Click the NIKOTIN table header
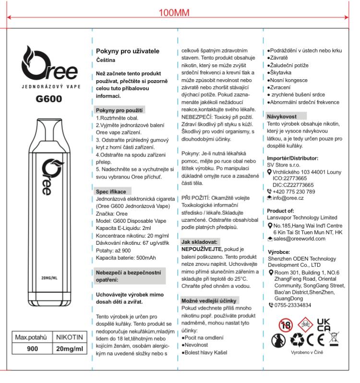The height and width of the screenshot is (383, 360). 70,338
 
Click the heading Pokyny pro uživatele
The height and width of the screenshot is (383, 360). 128,51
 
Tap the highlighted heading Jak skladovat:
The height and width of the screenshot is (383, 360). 199,241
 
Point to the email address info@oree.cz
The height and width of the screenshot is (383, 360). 290,198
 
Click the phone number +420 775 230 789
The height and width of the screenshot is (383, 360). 294,191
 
